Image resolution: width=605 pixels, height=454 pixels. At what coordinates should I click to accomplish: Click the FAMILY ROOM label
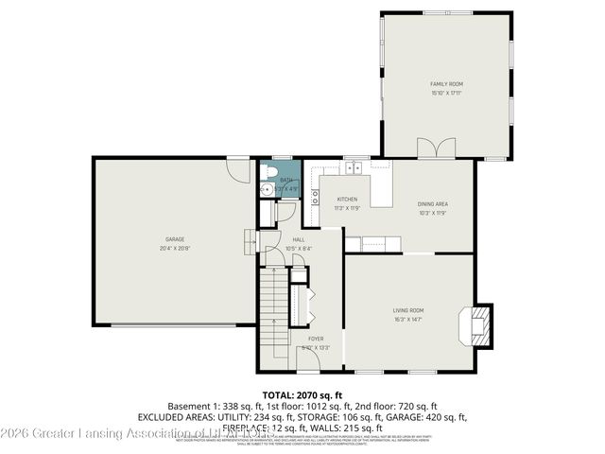[x=447, y=84]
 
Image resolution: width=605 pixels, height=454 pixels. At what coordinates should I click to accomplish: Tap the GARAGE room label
[x=175, y=239]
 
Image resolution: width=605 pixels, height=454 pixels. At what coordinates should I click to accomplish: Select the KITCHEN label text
[x=348, y=199]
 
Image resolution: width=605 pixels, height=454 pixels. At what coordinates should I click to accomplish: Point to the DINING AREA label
[x=433, y=204]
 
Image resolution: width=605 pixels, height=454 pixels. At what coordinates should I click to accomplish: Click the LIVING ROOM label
[x=408, y=310]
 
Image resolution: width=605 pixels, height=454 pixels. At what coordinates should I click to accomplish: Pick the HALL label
[x=298, y=240]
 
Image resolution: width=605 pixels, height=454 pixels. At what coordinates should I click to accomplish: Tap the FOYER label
[x=314, y=338]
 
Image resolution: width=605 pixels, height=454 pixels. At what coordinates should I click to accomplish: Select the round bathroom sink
[x=268, y=189]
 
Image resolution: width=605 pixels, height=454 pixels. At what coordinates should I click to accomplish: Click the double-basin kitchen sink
[x=354, y=168]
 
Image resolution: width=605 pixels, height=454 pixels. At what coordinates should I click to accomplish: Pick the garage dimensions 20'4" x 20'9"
[x=175, y=248]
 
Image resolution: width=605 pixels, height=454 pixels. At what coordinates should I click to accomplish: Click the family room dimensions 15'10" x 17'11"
[x=447, y=93]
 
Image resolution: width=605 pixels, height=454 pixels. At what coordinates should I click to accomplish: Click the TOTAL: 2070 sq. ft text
[x=302, y=393]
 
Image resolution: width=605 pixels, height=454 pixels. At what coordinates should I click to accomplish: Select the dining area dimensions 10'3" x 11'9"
[x=433, y=213]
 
